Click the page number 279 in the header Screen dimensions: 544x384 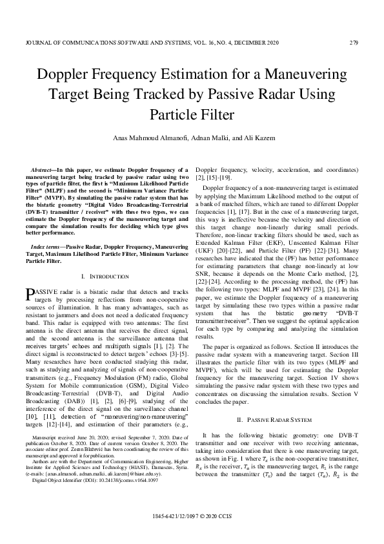tap(354, 43)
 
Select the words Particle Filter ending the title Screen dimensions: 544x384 tap(192, 115)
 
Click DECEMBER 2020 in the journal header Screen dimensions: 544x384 tap(258, 43)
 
